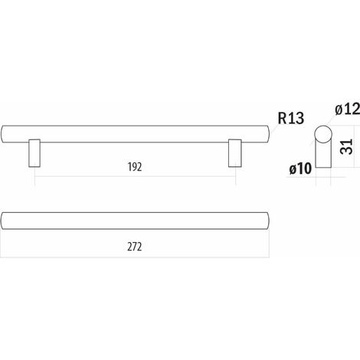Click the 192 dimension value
click(135, 167)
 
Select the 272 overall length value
click(135, 247)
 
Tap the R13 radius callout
click(291, 118)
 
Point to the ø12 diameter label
click(348, 109)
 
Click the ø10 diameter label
click(300, 169)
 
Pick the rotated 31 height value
click(347, 146)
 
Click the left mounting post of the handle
click(34, 153)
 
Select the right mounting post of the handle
click(235, 153)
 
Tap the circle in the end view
click(323, 134)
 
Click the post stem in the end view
click(323, 155)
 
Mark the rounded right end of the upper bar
click(269, 134)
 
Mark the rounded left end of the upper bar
click(2, 134)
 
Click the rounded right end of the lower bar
click(269, 221)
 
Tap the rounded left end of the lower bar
click(2, 221)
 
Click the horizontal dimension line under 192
click(135, 176)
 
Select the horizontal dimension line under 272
click(135, 257)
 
